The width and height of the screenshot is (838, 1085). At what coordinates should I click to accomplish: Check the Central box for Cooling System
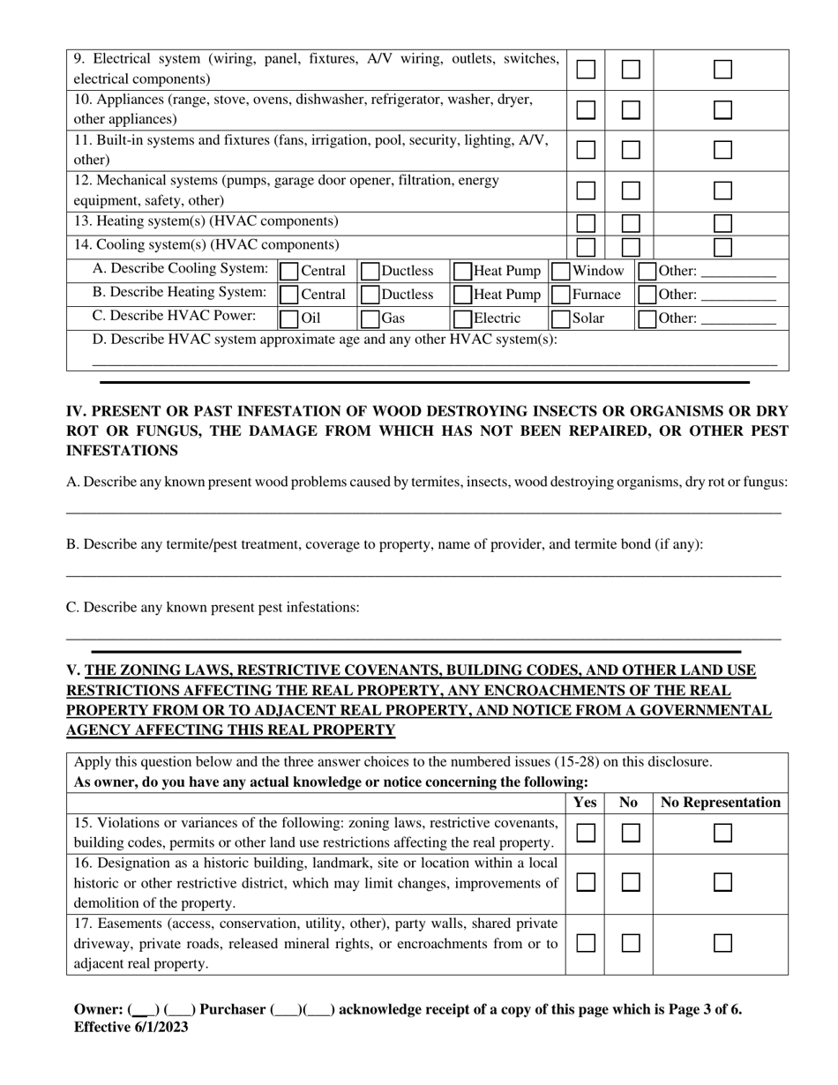[288, 271]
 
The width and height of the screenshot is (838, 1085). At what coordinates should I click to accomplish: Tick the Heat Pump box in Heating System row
[461, 295]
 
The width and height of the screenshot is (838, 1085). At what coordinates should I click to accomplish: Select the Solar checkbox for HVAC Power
[558, 318]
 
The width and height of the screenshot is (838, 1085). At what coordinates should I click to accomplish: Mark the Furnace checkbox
[558, 295]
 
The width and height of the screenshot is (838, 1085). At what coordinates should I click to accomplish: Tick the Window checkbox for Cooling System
[558, 271]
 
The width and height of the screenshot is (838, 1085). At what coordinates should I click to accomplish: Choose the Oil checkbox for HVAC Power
[288, 318]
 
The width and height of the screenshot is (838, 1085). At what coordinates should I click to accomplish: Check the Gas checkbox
[370, 318]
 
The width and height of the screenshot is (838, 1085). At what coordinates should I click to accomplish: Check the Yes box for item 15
[586, 833]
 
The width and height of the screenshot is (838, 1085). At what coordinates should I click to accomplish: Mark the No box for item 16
[630, 882]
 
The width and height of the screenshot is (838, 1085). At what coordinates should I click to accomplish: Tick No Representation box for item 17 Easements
[722, 943]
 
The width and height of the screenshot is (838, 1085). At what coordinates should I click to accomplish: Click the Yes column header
[585, 803]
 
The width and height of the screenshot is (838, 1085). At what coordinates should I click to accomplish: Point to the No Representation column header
[721, 803]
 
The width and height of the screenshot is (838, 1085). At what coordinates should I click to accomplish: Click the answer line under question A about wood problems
[423, 511]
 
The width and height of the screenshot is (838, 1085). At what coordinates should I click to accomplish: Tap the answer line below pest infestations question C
[423, 637]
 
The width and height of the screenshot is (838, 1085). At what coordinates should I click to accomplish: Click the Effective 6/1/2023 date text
[131, 1027]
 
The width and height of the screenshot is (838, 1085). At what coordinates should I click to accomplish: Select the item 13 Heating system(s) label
[206, 221]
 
